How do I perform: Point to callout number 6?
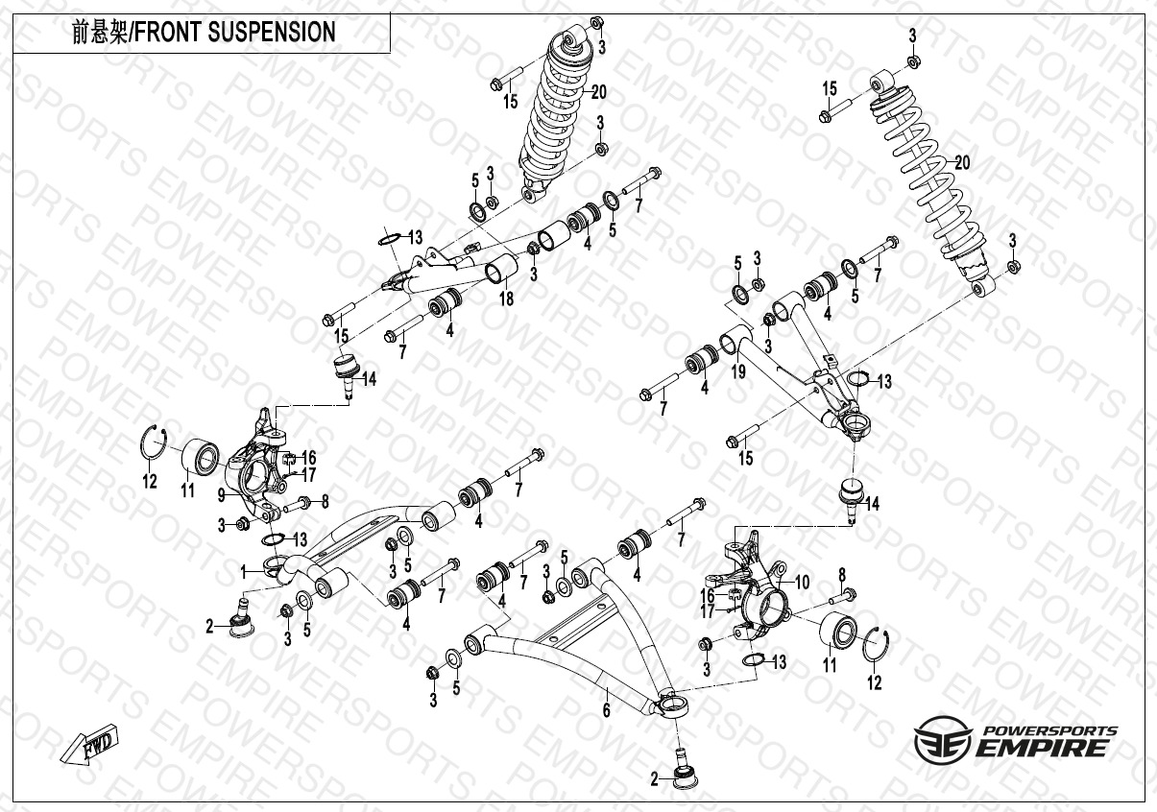[606, 711]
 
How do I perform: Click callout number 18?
[506, 299]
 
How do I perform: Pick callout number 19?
[738, 372]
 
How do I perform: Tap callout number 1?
[245, 571]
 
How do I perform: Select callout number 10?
[801, 582]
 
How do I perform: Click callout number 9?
[221, 496]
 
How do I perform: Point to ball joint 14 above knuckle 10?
[850, 494]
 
